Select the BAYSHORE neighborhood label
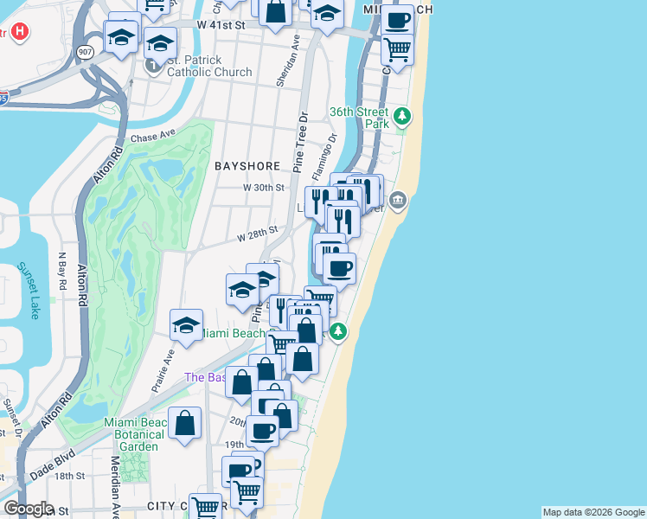(245, 165)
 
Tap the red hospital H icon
(21, 32)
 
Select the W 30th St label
(263, 187)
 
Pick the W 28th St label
(257, 233)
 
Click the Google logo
(28, 509)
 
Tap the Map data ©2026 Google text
(593, 512)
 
